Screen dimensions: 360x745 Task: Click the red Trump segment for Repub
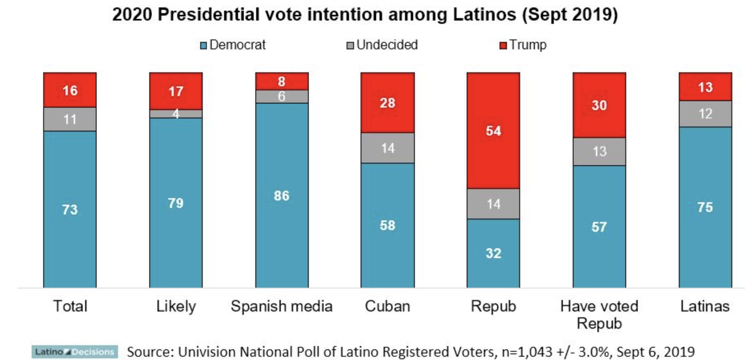[x=493, y=131]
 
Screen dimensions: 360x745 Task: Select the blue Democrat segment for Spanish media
[x=282, y=195]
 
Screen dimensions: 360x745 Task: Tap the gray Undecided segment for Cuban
[x=387, y=148]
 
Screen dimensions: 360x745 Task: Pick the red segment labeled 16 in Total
[x=70, y=90]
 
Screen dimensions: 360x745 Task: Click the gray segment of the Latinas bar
[x=705, y=114]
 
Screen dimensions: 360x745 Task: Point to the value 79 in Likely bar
[x=176, y=203]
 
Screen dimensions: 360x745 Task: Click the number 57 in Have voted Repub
[x=599, y=227]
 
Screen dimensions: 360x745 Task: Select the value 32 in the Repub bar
[x=493, y=253]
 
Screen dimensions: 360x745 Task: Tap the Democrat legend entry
[x=233, y=45]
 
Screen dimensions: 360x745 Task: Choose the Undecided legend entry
[x=382, y=45]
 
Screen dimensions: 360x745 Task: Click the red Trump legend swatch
[x=503, y=45]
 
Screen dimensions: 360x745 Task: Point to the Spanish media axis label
[x=282, y=306]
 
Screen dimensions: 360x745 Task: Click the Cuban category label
[x=387, y=306]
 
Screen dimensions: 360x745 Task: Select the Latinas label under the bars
[x=705, y=306]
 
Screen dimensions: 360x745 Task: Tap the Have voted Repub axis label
[x=599, y=314]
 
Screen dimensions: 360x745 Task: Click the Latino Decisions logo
[x=74, y=352]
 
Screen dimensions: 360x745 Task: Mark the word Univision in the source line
[x=207, y=352]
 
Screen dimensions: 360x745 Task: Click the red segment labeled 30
[x=599, y=105]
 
